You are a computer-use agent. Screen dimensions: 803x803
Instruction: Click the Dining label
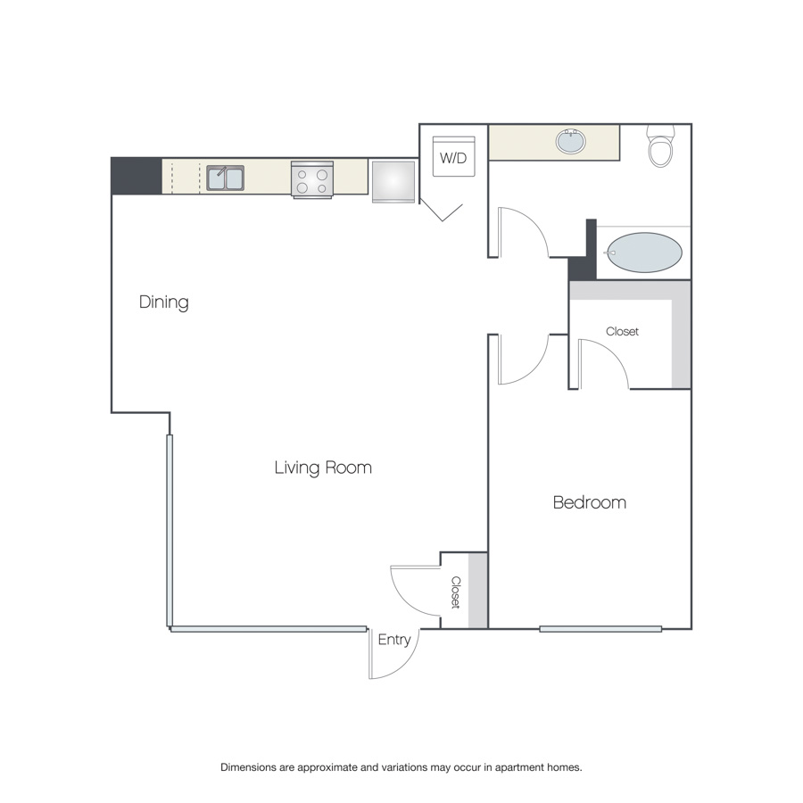(x=164, y=302)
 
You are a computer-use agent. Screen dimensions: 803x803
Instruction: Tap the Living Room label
(x=323, y=468)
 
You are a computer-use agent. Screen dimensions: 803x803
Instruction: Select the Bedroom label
(x=590, y=502)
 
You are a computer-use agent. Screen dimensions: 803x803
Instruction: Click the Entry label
(x=394, y=640)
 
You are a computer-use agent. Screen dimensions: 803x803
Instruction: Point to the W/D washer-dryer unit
(x=454, y=156)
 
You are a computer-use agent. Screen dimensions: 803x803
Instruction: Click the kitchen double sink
(x=226, y=178)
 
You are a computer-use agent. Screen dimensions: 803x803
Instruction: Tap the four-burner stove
(x=312, y=179)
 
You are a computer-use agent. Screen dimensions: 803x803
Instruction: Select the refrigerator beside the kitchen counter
(x=393, y=182)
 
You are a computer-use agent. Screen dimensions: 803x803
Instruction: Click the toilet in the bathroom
(x=660, y=146)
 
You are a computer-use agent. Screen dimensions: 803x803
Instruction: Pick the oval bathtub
(x=644, y=252)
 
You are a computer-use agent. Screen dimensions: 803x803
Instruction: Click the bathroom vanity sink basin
(x=570, y=141)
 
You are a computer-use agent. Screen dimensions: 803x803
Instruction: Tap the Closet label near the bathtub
(x=622, y=331)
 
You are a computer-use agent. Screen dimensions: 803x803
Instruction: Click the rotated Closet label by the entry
(x=456, y=592)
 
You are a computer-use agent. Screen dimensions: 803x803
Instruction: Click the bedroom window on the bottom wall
(x=600, y=629)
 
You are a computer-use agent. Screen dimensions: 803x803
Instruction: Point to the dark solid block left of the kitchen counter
(x=137, y=176)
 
